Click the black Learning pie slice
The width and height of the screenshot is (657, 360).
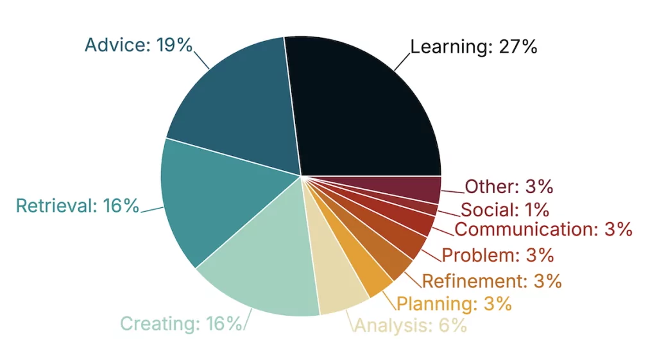[x=366, y=109]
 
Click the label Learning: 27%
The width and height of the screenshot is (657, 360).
[x=474, y=47]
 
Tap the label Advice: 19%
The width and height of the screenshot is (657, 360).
[x=139, y=45]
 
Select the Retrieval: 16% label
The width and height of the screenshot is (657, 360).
[x=77, y=206]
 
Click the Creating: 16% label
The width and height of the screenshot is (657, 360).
[x=181, y=323]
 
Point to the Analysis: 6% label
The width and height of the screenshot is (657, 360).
[x=410, y=326]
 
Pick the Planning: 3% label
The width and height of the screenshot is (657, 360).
[x=454, y=304]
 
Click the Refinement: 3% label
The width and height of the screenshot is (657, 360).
[x=491, y=280]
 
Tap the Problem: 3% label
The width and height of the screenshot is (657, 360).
[x=497, y=255]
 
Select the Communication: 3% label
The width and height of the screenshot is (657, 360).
[x=543, y=229]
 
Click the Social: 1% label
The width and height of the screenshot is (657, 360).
[x=504, y=209]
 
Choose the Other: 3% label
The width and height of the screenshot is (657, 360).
[x=509, y=187]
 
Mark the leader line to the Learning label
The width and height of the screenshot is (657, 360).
[x=402, y=61]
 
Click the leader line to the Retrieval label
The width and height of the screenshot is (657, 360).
[x=152, y=208]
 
